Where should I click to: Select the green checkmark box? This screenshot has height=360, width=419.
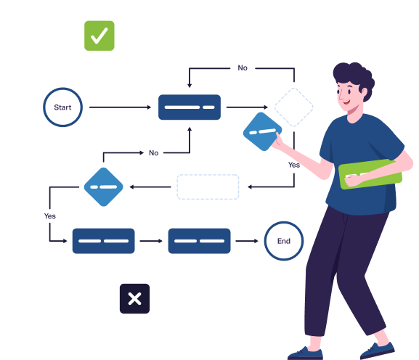99,36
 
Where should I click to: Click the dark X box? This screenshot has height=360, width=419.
134,298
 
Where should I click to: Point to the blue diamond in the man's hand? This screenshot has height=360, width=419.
262,131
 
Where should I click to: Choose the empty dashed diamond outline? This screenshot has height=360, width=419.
294,107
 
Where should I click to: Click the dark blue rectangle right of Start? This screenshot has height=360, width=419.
190,107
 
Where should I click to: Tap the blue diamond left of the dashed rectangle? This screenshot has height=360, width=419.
103,187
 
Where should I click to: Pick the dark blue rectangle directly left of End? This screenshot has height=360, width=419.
200,241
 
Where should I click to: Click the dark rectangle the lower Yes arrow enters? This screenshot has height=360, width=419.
103,241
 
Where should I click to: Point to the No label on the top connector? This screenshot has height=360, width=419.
243,68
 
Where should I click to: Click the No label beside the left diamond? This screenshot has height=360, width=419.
154,153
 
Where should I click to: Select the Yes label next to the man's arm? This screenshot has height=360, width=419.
294,165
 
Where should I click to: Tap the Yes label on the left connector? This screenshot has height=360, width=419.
50,216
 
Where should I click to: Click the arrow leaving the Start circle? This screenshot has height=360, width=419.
121,107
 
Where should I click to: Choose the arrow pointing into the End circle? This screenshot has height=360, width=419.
247,241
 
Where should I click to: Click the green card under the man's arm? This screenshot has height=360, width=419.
370,174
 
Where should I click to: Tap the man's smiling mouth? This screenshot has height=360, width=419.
346,102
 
